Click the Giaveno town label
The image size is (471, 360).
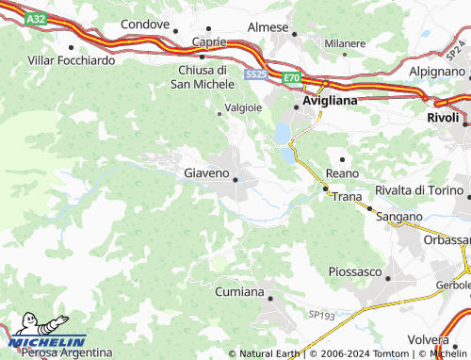click(x=205, y=173)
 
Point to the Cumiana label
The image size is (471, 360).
click(x=239, y=292)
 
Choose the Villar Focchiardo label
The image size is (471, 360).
click(x=72, y=60)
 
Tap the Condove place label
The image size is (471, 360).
click(x=145, y=25)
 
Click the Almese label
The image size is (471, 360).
click(x=268, y=27)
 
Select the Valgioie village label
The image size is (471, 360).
click(x=242, y=107)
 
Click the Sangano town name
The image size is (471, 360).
click(x=399, y=217)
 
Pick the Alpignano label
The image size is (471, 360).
click(x=437, y=71)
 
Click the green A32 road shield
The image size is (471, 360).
click(x=36, y=19)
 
